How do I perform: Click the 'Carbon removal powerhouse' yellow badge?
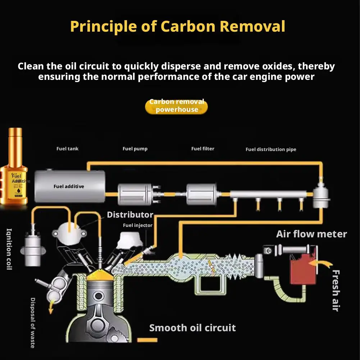[176, 106]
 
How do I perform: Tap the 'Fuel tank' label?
[68, 149]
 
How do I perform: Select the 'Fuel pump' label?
[135, 149]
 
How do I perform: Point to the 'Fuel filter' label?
[203, 149]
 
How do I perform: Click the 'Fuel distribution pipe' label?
[271, 150]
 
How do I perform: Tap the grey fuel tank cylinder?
[70, 186]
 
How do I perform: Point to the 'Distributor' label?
[130, 215]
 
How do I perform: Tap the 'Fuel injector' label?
[138, 225]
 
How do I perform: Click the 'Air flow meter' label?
[311, 234]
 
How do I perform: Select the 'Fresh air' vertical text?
[336, 291]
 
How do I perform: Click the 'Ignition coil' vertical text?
[9, 249]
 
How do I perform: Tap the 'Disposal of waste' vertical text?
[33, 323]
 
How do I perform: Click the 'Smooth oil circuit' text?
[192, 328]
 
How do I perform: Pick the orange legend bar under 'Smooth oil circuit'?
[147, 340]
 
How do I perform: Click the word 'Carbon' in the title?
[188, 26]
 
